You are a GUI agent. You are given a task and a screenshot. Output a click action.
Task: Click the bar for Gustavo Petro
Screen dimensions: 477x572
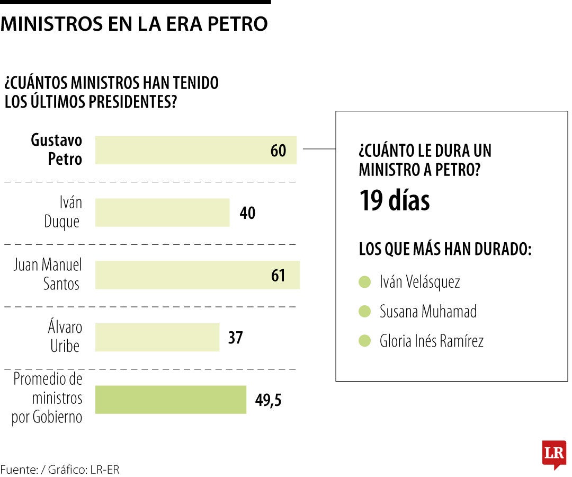195,150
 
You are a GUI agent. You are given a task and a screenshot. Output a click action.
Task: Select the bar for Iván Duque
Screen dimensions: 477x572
162,213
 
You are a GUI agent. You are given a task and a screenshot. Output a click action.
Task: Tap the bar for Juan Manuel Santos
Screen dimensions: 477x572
197,275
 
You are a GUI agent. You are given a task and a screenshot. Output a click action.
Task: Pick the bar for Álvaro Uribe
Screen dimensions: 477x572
157,338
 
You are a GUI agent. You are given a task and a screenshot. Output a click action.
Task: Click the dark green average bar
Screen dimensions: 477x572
171,400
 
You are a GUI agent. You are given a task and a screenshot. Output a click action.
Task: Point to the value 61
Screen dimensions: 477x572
278,276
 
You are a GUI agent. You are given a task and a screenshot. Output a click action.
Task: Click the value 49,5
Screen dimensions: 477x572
268,400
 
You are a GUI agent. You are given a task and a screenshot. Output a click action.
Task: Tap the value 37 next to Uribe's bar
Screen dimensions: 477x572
235,338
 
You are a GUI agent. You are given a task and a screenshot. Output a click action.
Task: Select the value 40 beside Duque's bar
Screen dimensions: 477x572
247,213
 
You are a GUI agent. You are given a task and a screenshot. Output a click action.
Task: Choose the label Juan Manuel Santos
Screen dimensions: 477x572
48,275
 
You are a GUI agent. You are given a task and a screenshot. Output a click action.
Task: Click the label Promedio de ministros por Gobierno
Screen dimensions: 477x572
48,398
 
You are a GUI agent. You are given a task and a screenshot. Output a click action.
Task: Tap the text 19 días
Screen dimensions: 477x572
395,201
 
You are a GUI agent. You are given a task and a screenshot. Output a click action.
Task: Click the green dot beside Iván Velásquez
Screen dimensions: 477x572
364,282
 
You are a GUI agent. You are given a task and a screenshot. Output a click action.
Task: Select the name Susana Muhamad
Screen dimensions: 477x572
428,311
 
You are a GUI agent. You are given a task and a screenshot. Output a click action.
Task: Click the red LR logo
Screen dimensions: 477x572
554,454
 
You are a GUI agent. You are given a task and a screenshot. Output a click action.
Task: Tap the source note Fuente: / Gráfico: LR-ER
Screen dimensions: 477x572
60,470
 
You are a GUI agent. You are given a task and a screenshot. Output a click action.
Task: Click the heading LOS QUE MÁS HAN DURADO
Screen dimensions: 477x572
445,249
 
